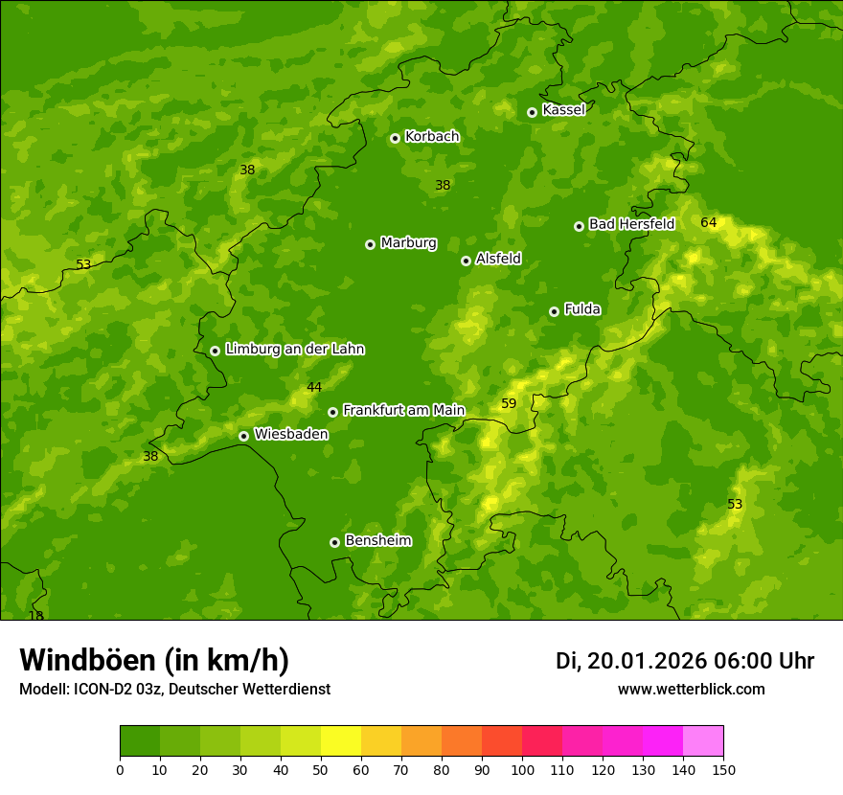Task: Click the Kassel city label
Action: pyautogui.click(x=563, y=110)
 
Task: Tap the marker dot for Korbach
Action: pyautogui.click(x=395, y=138)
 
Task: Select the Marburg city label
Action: pyautogui.click(x=408, y=243)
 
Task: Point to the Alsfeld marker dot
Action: pyautogui.click(x=466, y=261)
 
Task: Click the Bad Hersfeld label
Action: pyautogui.click(x=631, y=224)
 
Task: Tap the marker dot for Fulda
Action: pyautogui.click(x=554, y=311)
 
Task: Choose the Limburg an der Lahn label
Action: pyautogui.click(x=294, y=350)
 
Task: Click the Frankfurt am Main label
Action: pyautogui.click(x=403, y=411)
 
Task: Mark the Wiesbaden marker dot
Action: pyautogui.click(x=243, y=436)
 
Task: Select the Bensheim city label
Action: pyautogui.click(x=377, y=541)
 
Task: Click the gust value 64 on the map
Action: pyautogui.click(x=708, y=223)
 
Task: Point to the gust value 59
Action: pyautogui.click(x=509, y=404)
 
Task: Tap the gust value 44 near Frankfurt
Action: pyautogui.click(x=314, y=388)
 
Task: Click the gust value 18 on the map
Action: pyautogui.click(x=36, y=616)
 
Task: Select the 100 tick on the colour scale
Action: pyautogui.click(x=522, y=770)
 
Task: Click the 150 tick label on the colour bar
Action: pyautogui.click(x=723, y=770)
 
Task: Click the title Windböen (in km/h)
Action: pyautogui.click(x=154, y=660)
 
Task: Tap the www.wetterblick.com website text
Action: pyautogui.click(x=691, y=690)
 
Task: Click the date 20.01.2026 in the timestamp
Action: pyautogui.click(x=647, y=661)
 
